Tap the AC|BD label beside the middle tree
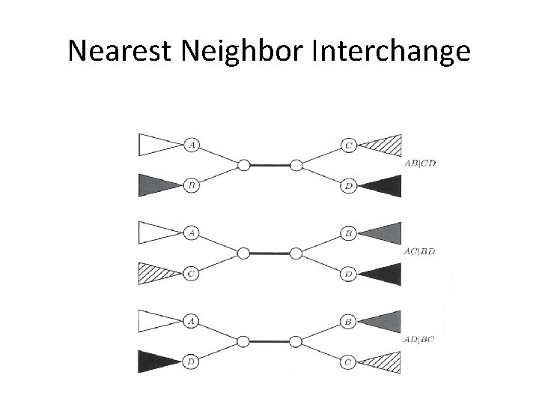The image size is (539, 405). coord(419,251)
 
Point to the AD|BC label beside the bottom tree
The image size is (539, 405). coord(419,340)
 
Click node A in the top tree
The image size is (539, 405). coord(192,145)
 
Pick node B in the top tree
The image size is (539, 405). coord(192,184)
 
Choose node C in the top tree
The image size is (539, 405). coord(349,145)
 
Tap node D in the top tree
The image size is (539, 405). coord(349,184)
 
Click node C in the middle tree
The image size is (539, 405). coord(192,274)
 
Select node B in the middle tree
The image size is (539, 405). coord(349,234)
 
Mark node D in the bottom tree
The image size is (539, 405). coord(192,362)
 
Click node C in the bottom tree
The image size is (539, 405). coord(349,362)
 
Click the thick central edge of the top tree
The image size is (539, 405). coord(269,165)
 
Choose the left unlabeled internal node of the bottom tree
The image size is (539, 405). coord(243,342)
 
